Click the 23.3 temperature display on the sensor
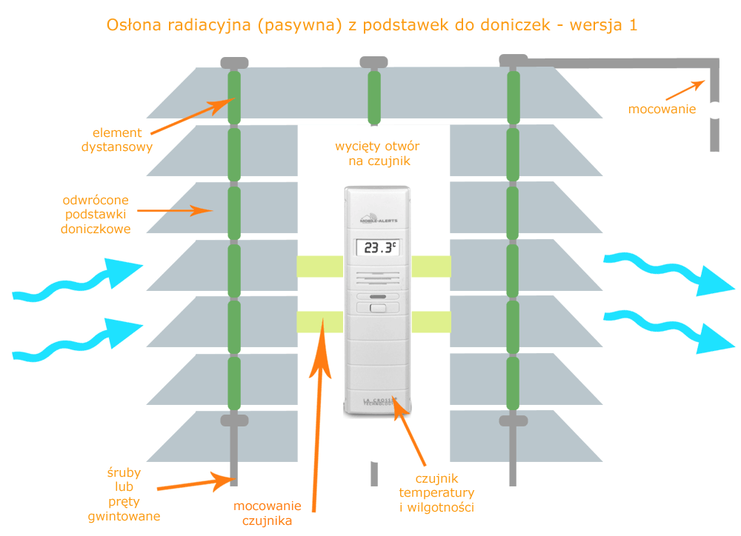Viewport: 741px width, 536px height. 377,247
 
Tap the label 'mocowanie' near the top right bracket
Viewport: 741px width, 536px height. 662,110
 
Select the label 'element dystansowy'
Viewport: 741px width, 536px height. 117,140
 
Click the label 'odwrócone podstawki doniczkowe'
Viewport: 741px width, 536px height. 97,215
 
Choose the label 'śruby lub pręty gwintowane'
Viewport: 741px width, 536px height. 124,494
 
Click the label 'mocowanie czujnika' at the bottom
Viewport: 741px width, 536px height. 268,514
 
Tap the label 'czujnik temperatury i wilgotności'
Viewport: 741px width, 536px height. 436,492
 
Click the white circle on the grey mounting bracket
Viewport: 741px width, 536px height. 714,110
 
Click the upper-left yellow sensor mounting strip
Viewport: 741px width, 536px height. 319,267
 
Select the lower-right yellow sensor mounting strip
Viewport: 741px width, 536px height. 431,322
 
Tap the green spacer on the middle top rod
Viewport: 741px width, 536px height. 374,96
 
